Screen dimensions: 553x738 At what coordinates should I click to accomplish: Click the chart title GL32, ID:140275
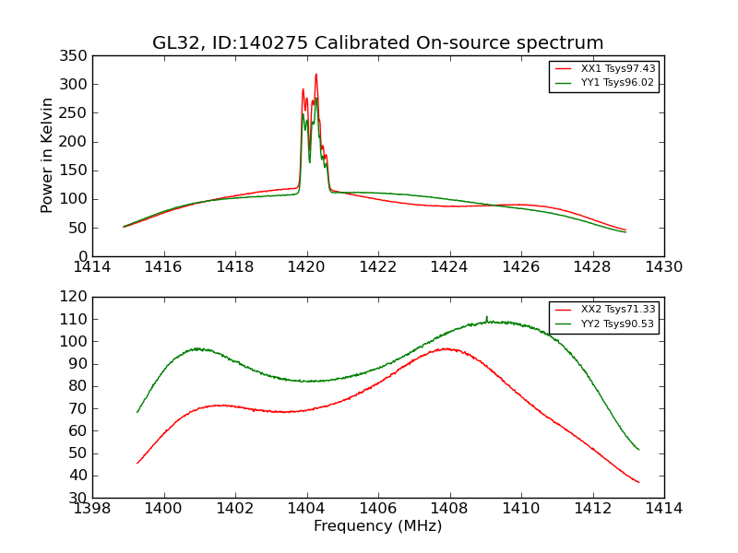coord(377,43)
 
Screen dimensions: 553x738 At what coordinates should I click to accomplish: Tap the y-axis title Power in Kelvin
coord(47,156)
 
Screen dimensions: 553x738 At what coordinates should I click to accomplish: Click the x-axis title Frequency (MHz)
coord(377,526)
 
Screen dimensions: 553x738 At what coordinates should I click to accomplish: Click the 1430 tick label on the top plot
coord(663,267)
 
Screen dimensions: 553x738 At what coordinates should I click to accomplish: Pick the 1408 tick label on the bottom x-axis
coord(449,509)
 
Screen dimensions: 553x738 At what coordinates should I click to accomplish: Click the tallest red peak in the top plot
coord(315,75)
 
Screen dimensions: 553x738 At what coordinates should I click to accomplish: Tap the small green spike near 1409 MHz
coord(486,317)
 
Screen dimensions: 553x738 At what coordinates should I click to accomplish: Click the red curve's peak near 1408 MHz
coord(446,348)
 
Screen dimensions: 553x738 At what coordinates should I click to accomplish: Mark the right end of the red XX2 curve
coord(638,482)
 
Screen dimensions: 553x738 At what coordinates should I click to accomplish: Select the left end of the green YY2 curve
coord(137,412)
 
